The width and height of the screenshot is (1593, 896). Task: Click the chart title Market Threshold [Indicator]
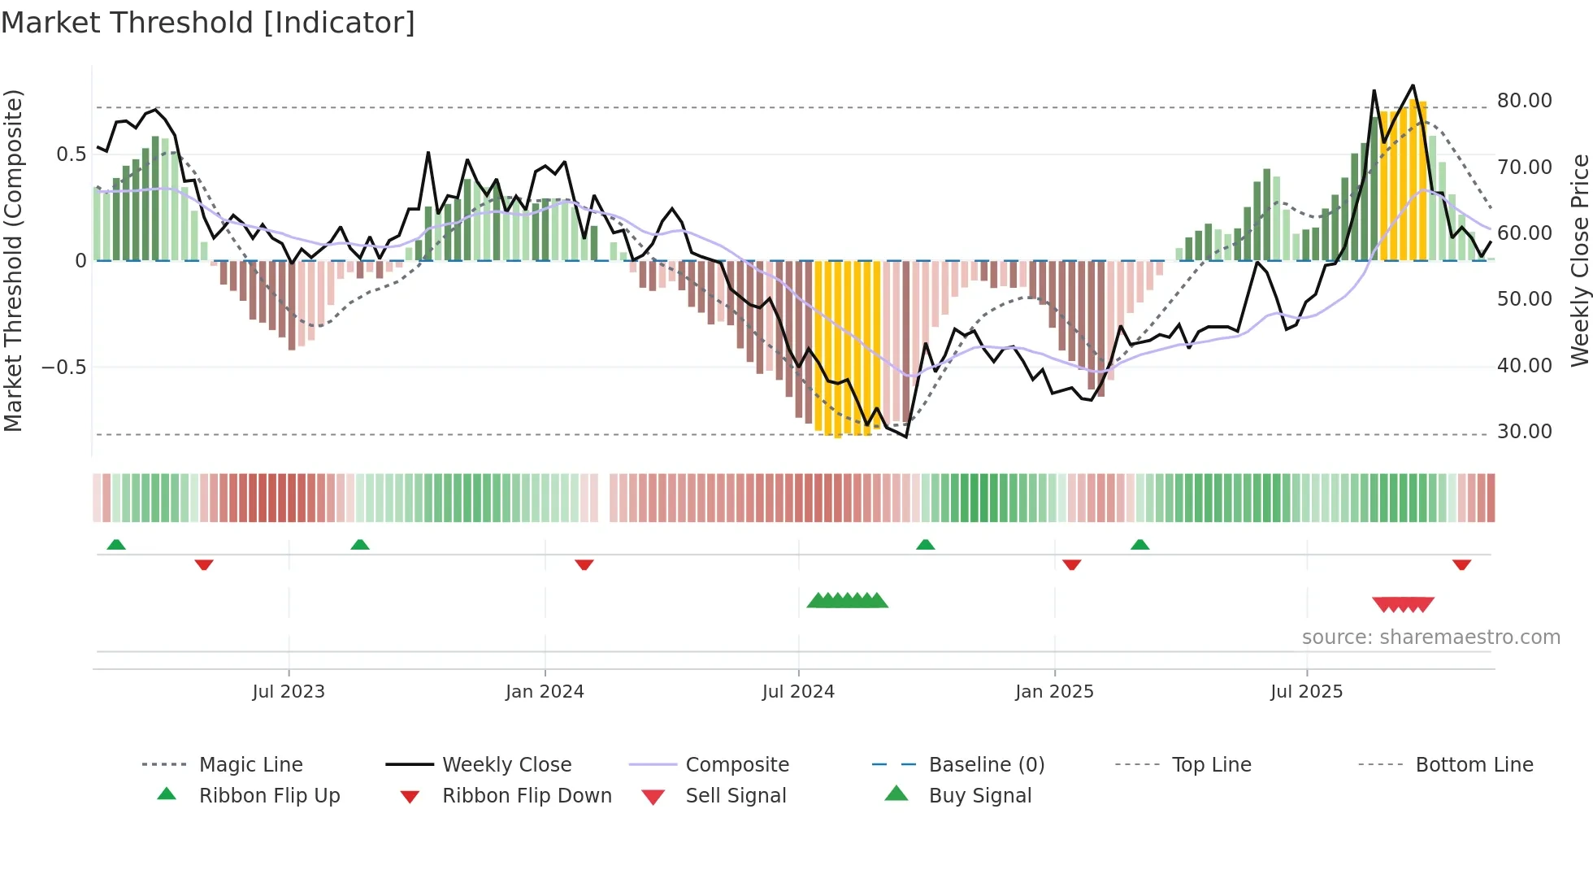(x=208, y=23)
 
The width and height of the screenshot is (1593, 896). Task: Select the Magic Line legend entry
(x=250, y=764)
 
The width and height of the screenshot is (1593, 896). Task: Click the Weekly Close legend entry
(x=506, y=764)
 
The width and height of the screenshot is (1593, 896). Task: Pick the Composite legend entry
(x=736, y=764)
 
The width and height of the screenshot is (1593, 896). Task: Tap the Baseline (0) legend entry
(x=986, y=764)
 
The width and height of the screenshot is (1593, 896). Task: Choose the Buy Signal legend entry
(x=979, y=795)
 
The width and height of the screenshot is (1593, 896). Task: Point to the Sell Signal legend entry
(x=736, y=795)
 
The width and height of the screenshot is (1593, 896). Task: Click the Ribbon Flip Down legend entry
(x=526, y=795)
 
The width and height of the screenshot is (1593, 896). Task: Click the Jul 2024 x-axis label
(x=798, y=691)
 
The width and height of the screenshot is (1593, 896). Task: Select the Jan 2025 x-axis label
(x=1054, y=691)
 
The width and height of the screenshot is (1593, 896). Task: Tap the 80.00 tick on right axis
(x=1524, y=101)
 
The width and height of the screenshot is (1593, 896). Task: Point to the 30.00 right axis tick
(x=1524, y=432)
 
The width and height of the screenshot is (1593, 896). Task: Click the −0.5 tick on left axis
(x=64, y=367)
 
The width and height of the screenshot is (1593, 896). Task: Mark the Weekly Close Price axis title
(x=1579, y=260)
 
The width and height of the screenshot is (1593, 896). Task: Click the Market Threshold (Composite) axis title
(x=13, y=260)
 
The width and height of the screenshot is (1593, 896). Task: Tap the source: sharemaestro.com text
(x=1430, y=637)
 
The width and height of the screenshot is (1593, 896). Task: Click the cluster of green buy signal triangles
(x=847, y=601)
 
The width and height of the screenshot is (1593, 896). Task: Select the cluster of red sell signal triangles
(x=1403, y=604)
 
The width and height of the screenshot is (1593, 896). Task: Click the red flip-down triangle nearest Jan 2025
(x=1071, y=564)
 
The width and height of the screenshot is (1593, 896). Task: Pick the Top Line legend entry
(x=1211, y=764)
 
